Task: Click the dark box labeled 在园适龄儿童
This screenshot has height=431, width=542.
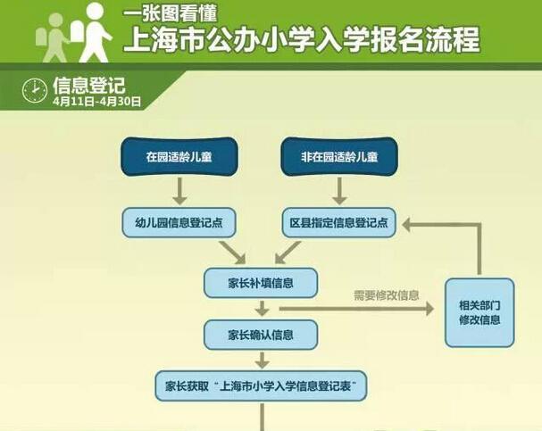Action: coord(179,157)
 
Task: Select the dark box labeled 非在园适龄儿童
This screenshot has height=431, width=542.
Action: coord(340,157)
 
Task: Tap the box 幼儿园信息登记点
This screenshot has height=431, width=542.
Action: coord(179,223)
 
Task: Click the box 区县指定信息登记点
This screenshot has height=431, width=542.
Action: coord(339,223)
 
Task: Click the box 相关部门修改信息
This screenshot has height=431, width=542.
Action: coord(479,312)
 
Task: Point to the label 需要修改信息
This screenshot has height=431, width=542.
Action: coord(386,294)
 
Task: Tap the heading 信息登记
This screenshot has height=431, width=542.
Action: coord(89,84)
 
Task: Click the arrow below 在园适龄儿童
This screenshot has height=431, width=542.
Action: coord(179,190)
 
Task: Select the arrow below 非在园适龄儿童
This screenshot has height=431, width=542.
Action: coord(340,190)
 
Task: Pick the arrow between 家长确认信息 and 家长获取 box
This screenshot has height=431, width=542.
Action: coord(261,361)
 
